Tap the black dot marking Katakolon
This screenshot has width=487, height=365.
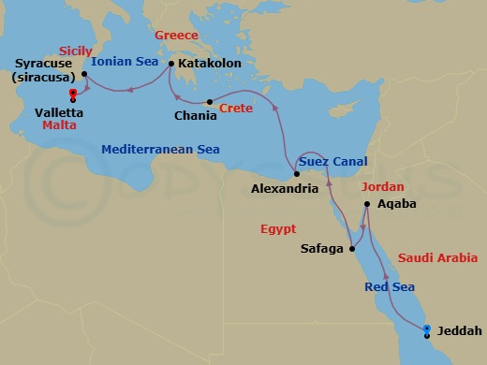tap(171, 65)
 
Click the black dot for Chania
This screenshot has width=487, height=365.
tap(210, 102)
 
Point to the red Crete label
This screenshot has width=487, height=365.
tap(235, 109)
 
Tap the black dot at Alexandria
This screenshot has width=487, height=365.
tap(296, 174)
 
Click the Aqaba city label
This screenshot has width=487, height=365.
tap(394, 203)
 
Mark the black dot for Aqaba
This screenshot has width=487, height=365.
tap(368, 204)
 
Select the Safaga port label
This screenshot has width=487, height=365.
tap(322, 249)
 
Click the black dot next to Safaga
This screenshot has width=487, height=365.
tap(352, 249)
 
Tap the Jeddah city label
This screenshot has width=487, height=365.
tap(460, 329)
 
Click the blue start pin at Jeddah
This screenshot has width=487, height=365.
tap(427, 328)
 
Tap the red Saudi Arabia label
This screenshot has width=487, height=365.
tap(437, 257)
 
